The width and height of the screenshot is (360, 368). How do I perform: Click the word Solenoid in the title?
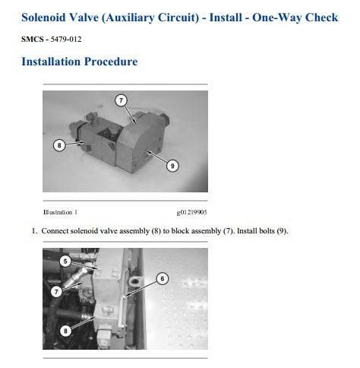point(44,17)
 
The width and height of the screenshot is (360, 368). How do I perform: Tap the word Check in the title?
point(321,17)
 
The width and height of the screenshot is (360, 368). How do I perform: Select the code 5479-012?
point(66,40)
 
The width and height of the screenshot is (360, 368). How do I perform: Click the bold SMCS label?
point(33,40)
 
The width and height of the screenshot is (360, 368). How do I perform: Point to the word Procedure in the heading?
point(111,62)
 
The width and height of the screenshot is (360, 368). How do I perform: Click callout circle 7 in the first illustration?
point(121,100)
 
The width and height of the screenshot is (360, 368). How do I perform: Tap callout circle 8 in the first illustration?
point(59,145)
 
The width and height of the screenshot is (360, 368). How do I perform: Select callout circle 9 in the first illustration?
point(172,166)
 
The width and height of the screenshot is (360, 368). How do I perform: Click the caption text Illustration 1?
point(60,212)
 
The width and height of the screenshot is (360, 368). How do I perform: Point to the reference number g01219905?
point(191,212)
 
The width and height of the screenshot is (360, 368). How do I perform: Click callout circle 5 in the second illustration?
point(65,261)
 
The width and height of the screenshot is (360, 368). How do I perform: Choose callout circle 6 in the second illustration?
point(163,278)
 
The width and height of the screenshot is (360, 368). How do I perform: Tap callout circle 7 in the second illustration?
point(56,291)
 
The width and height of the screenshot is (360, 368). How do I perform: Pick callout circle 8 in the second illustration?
point(65,331)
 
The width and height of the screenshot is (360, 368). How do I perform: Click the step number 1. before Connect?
point(34,231)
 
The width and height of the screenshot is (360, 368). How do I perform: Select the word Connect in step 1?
point(55,231)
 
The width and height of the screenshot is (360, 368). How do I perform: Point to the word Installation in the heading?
point(51,62)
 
